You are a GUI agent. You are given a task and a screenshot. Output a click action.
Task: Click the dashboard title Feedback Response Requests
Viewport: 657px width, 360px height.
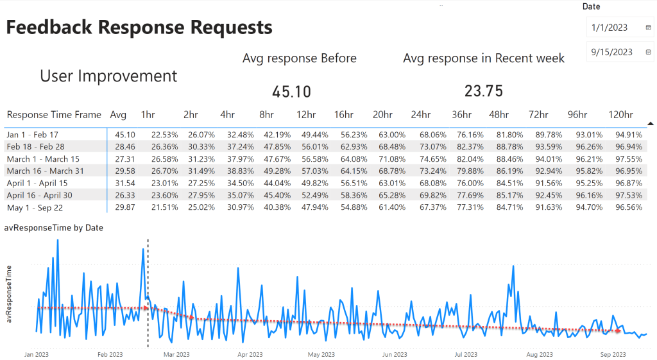(x=139, y=28)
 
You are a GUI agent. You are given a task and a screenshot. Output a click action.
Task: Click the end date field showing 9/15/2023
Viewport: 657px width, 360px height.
(x=612, y=52)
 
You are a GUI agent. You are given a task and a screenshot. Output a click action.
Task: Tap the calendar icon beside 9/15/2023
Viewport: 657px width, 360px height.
(x=648, y=52)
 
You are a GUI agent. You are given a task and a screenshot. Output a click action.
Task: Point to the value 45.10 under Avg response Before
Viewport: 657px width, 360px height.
(x=291, y=92)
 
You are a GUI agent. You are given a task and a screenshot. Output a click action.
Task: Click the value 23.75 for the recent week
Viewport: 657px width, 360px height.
(x=483, y=91)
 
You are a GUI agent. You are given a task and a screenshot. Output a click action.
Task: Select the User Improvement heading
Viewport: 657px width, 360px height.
(x=108, y=76)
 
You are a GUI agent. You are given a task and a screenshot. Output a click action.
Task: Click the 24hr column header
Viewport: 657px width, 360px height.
(x=421, y=115)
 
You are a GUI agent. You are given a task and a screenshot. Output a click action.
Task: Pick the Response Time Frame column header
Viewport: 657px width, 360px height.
(x=54, y=115)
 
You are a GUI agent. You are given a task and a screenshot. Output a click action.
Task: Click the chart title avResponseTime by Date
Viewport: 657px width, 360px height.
(x=54, y=228)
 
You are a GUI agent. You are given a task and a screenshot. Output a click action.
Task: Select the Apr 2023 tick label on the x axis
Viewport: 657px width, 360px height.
(x=250, y=354)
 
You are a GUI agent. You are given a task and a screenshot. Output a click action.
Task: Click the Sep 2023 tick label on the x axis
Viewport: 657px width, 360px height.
(x=613, y=354)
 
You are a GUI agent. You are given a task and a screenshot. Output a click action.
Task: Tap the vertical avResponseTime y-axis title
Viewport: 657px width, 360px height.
(x=9, y=294)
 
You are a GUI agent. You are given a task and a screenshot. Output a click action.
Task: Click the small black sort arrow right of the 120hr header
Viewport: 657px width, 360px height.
(x=651, y=123)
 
